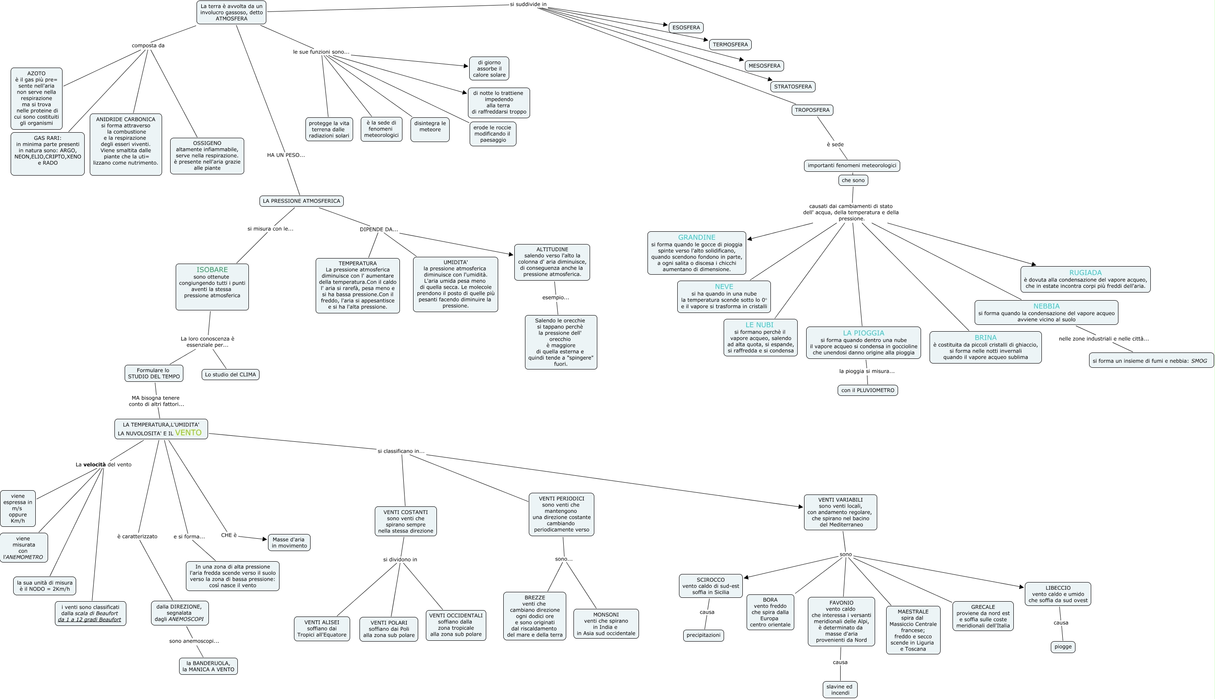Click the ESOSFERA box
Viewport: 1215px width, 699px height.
[686, 27]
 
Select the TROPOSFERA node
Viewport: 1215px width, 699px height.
[812, 110]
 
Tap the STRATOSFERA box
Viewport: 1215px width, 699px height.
[793, 87]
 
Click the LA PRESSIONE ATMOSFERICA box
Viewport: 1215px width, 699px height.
[302, 201]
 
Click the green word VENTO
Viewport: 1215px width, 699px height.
[188, 432]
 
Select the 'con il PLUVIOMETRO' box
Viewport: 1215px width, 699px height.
[868, 390]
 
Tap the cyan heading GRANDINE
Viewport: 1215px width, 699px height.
[697, 237]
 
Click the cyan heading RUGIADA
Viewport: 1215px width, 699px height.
[1085, 273]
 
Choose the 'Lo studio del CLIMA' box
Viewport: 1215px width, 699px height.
[231, 375]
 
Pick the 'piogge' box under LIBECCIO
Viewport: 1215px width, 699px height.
[1063, 647]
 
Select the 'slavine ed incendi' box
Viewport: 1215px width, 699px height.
[840, 689]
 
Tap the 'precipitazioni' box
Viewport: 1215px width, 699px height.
[704, 635]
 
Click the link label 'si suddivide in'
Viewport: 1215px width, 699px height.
[528, 4]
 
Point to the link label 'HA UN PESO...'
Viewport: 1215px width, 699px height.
[286, 155]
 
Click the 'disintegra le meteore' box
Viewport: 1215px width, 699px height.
[430, 127]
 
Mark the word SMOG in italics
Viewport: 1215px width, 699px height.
[1199, 361]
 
